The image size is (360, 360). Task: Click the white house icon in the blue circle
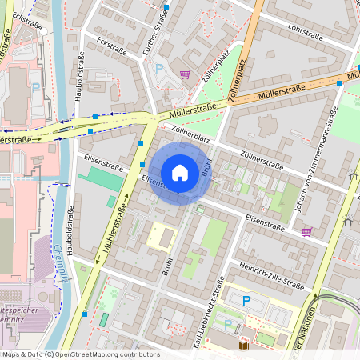(x=180, y=172)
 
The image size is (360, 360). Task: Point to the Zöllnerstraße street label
(x=260, y=161)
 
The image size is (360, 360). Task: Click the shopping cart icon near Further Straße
(x=186, y=74)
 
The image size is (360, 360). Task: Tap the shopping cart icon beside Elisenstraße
(x=306, y=231)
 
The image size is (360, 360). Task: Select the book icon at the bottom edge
(x=243, y=346)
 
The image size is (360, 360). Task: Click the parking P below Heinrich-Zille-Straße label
(x=246, y=300)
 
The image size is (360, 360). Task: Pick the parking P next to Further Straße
(x=158, y=69)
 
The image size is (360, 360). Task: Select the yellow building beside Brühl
(x=162, y=236)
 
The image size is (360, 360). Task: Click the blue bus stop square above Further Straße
(x=166, y=6)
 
